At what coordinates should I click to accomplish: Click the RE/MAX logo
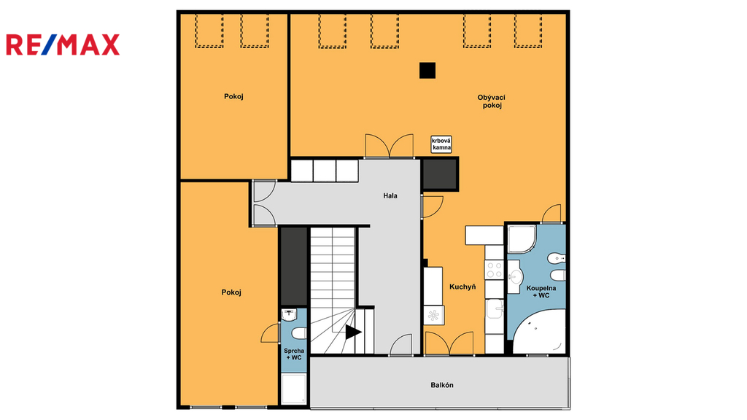63,44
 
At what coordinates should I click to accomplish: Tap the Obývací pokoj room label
492,101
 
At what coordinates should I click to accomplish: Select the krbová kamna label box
441,144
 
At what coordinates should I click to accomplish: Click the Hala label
390,195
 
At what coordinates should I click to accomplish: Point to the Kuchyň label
462,287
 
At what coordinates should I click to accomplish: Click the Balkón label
442,385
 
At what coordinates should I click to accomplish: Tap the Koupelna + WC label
541,292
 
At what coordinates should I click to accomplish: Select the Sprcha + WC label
294,354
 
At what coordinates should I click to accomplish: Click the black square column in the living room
427,71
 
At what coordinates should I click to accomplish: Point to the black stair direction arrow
353,332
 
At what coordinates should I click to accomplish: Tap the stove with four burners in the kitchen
494,270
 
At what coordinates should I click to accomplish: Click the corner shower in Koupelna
522,239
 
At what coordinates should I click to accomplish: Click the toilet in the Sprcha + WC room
298,332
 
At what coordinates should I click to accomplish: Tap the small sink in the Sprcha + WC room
289,314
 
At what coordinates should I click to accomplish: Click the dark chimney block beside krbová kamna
440,174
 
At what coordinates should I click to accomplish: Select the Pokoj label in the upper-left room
233,96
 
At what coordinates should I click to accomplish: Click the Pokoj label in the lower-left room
231,292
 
